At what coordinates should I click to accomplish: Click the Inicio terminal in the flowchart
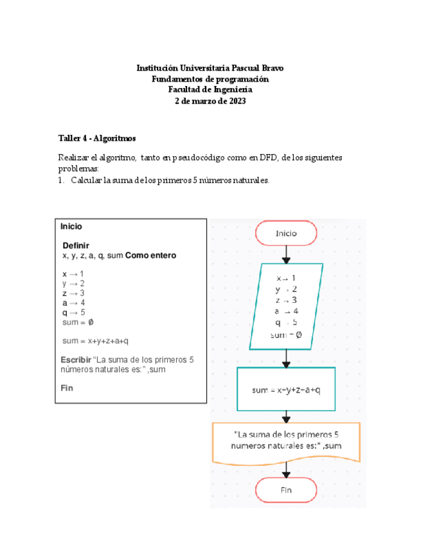(286, 234)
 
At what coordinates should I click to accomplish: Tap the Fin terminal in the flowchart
(286, 490)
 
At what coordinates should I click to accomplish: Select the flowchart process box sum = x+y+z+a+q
(286, 389)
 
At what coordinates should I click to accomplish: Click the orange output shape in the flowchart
(286, 440)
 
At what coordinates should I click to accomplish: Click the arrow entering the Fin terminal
(286, 469)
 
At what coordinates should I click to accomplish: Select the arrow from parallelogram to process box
(286, 357)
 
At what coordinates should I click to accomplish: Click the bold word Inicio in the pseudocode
(71, 227)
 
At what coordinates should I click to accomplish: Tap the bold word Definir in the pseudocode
(76, 246)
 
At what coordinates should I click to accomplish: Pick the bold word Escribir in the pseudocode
(76, 359)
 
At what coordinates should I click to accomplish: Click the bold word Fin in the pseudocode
(67, 388)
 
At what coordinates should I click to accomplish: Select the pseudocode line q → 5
(73, 312)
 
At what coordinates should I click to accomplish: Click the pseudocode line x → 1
(73, 274)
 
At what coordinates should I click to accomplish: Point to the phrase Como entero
(150, 255)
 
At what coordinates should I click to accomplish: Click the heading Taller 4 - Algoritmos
(96, 138)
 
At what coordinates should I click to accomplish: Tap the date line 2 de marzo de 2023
(210, 102)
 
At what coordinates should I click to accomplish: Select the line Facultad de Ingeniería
(210, 90)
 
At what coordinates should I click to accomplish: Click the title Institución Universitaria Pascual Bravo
(210, 67)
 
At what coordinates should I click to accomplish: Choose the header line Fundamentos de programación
(210, 79)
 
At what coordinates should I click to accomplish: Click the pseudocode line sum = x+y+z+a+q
(100, 341)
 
